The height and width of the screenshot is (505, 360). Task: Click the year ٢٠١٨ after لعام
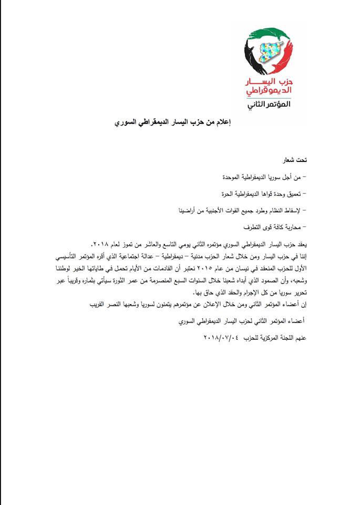click(99, 246)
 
